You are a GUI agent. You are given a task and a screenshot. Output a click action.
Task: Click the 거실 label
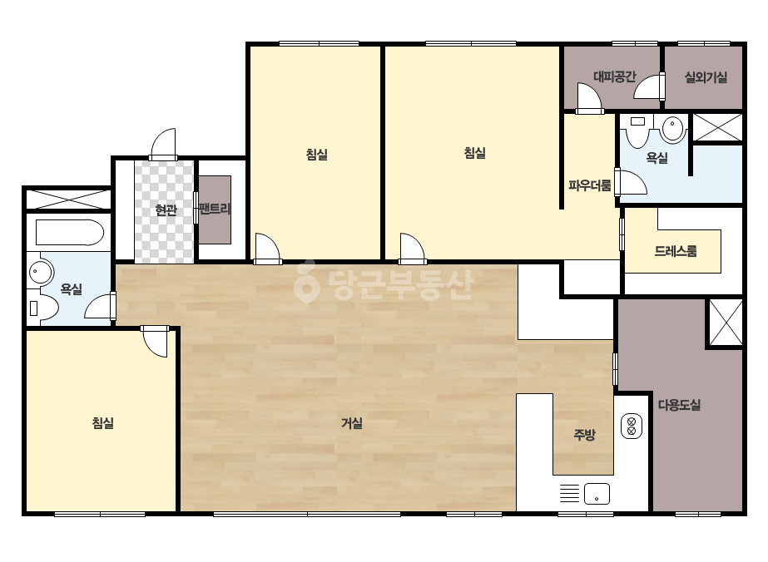[352, 423]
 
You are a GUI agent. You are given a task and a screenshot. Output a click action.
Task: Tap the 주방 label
[584, 434]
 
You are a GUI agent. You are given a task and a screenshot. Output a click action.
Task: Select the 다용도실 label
[679, 405]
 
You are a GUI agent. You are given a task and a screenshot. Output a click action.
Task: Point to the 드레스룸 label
[676, 251]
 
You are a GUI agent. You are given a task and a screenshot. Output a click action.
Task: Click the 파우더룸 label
[590, 185]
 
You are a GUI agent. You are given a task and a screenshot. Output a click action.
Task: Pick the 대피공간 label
[615, 76]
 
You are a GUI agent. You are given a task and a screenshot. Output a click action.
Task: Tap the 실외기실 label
[706, 76]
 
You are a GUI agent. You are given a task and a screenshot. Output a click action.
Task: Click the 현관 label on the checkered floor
[166, 210]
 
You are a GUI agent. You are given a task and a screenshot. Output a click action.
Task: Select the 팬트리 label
[215, 209]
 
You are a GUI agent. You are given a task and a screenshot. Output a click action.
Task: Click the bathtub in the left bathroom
[70, 233]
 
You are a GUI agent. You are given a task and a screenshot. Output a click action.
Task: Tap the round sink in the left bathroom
[41, 271]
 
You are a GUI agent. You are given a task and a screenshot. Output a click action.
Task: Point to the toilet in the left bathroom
[43, 308]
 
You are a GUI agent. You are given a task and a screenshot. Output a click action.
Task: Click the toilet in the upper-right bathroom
[637, 131]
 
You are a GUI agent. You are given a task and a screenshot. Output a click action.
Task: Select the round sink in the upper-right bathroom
[674, 128]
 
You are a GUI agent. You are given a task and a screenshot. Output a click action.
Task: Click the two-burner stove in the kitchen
[632, 426]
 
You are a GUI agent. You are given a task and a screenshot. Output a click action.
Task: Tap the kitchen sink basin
[597, 494]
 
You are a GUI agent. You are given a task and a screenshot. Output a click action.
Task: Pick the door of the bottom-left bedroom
[155, 341]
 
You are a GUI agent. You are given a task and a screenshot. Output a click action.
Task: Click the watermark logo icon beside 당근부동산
[306, 281]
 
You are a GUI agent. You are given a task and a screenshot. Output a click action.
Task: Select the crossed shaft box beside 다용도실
[726, 323]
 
